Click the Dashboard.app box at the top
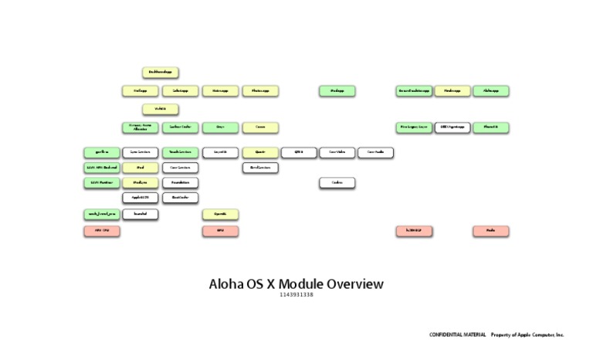point(161,73)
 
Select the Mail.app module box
point(140,91)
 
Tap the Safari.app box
point(181,91)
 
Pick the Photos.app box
point(260,91)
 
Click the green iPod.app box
point(337,91)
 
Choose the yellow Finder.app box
point(452,91)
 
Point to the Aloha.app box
point(491,91)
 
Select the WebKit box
point(161,109)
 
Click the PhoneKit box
point(491,127)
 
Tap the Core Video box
point(337,153)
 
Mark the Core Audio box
point(376,153)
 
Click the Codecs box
point(337,183)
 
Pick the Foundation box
point(181,183)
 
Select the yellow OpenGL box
point(221,214)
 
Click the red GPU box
point(221,231)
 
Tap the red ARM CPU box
point(102,231)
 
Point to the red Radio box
point(491,231)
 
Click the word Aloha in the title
point(226,284)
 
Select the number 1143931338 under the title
point(296,294)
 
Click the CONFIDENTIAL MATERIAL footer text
point(457,335)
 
